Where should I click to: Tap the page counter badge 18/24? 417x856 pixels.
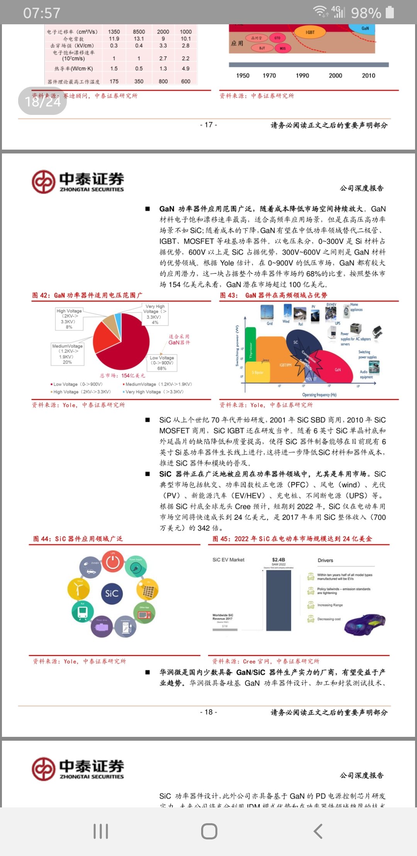point(42,101)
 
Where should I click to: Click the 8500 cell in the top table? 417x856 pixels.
point(139,32)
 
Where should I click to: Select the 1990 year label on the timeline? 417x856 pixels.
point(302,76)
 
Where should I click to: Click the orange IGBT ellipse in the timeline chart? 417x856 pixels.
point(310,32)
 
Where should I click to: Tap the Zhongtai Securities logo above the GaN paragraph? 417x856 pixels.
point(78,182)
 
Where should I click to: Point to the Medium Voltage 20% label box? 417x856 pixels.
point(67,354)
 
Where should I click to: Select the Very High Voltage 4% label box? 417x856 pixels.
point(155,314)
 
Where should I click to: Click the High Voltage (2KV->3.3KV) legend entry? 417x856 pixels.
point(81,392)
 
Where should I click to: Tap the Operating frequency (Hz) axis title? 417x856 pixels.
point(319,395)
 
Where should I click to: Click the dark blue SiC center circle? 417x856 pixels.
point(112,593)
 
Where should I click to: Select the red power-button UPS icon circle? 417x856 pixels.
point(113,561)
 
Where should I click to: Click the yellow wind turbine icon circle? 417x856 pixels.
point(78,588)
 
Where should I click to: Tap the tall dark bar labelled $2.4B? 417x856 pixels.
point(278,600)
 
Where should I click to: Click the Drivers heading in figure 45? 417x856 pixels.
point(325,560)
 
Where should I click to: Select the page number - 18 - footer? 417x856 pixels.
point(208,712)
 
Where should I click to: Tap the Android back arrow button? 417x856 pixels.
point(318,831)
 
